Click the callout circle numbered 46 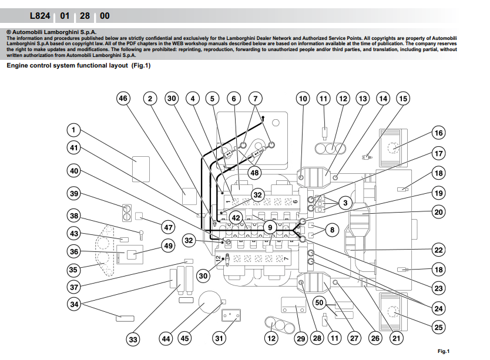123,99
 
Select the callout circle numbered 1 73,130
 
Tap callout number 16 438,133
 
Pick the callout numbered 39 73,194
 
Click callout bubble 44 167,338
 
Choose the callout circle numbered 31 220,338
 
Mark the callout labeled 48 254,173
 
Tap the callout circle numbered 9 270,226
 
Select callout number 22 438,250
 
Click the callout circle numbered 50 319,302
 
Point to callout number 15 402,99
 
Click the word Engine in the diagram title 19,66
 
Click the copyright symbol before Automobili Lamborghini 8,33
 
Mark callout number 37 73,287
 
